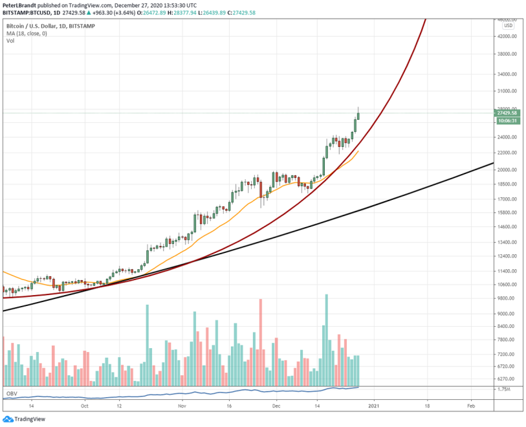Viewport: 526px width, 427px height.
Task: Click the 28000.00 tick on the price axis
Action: click(x=508, y=109)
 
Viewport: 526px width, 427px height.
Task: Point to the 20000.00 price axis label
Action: click(x=508, y=170)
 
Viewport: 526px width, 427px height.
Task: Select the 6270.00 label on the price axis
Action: click(x=508, y=379)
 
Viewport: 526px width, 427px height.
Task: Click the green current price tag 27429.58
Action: click(x=508, y=113)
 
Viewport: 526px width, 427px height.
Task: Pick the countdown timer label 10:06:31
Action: click(x=507, y=120)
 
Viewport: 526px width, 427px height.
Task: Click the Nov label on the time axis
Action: click(x=182, y=407)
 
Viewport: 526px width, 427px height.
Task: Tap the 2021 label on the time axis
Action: click(x=374, y=407)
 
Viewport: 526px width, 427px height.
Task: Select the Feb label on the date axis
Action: click(x=470, y=407)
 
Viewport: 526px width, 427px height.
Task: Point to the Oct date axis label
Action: click(x=84, y=407)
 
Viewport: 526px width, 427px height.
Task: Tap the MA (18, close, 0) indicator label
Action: click(x=26, y=33)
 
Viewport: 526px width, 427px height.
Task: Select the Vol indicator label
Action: click(x=10, y=41)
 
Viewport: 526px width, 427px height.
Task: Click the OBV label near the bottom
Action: click(x=11, y=393)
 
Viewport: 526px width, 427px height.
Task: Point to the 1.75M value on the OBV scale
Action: click(x=504, y=389)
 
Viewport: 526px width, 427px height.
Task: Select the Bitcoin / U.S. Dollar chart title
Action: click(x=32, y=25)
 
